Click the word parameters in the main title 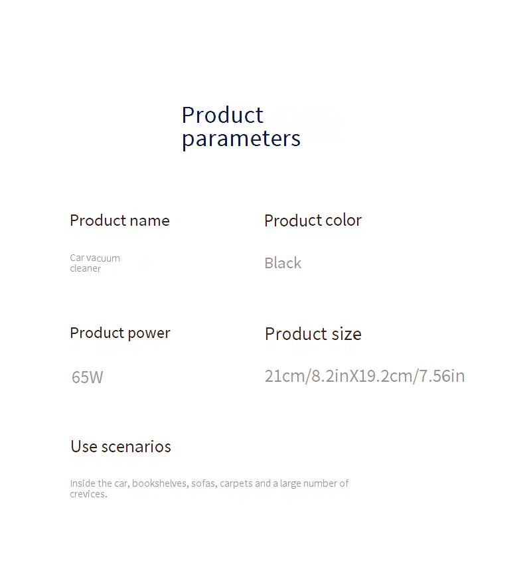pos(241,139)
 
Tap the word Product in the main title pos(222,115)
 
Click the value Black pos(283,263)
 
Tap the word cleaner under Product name pos(85,268)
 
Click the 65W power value pos(88,377)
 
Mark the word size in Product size pos(346,334)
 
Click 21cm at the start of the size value pos(284,376)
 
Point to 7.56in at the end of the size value pos(442,376)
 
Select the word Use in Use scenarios pos(84,446)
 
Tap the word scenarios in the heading pos(136,447)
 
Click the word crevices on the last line pos(88,494)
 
